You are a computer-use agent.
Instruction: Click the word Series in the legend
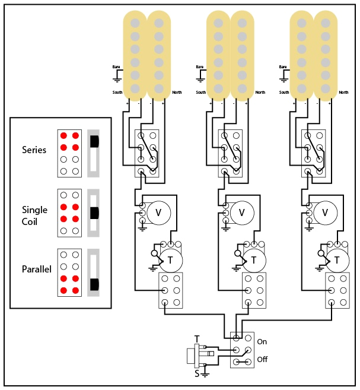pyautogui.click(x=34, y=150)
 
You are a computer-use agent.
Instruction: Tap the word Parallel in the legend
pyautogui.click(x=37, y=269)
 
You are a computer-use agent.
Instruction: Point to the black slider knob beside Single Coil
pyautogui.click(x=94, y=213)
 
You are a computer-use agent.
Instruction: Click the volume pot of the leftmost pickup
pyautogui.click(x=158, y=212)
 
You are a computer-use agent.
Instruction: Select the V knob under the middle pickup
pyautogui.click(x=241, y=212)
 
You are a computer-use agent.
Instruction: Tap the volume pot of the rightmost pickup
pyautogui.click(x=325, y=212)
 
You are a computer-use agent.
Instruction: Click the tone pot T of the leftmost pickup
pyautogui.click(x=171, y=259)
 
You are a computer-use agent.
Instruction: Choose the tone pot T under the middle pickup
pyautogui.click(x=254, y=259)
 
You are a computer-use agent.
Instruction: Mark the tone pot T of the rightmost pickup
pyautogui.click(x=337, y=259)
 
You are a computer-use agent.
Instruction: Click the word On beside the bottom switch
pyautogui.click(x=262, y=342)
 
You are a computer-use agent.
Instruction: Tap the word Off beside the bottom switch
pyautogui.click(x=262, y=360)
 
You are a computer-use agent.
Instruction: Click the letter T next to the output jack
pyautogui.click(x=197, y=339)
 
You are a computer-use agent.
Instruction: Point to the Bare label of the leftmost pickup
pyautogui.click(x=117, y=67)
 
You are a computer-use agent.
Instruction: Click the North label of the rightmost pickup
pyautogui.click(x=343, y=93)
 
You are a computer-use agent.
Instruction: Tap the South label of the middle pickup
pyautogui.click(x=201, y=93)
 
